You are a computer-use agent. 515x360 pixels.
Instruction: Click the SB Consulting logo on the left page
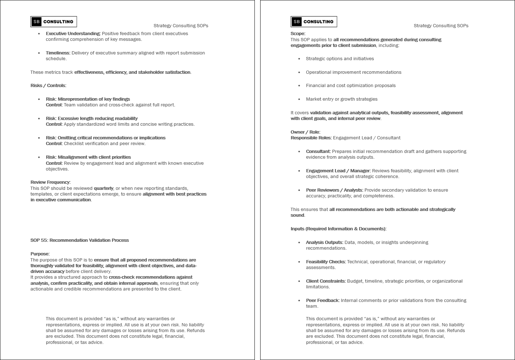(54, 22)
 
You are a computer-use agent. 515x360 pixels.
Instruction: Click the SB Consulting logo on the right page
(314, 22)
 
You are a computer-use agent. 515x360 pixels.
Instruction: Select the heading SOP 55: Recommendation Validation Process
(80, 240)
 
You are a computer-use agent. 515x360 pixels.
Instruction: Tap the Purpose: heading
(40, 254)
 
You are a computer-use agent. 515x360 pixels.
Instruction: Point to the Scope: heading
(298, 34)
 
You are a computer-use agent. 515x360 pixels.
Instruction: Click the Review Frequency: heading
(51, 182)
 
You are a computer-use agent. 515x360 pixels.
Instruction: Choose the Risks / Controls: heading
(48, 86)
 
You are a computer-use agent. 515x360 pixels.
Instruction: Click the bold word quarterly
(104, 188)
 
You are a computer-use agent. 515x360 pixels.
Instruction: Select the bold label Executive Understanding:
(73, 34)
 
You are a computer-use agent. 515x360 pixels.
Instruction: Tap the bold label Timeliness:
(58, 53)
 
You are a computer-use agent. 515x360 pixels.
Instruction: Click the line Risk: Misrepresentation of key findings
(88, 99)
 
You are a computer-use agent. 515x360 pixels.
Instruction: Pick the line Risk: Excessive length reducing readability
(92, 119)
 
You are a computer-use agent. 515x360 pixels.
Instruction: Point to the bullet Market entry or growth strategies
(342, 99)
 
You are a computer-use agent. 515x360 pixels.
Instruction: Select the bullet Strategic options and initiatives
(340, 59)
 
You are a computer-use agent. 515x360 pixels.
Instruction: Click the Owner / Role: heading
(305, 132)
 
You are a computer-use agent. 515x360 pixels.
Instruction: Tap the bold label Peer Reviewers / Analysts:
(334, 190)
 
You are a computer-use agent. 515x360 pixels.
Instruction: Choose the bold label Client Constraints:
(326, 281)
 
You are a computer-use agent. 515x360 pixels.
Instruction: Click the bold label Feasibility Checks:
(326, 262)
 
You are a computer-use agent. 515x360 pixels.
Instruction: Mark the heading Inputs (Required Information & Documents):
(338, 229)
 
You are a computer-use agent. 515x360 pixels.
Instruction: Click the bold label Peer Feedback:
(323, 301)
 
